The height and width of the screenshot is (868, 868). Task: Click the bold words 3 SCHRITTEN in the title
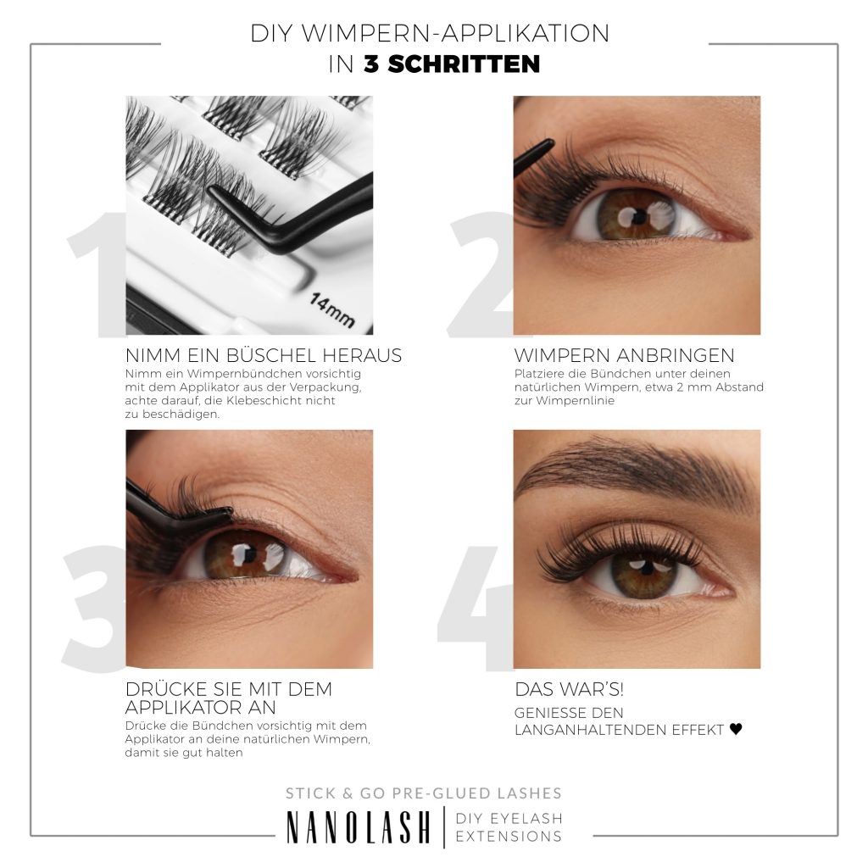[x=452, y=64]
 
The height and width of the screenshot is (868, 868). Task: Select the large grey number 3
[x=93, y=606]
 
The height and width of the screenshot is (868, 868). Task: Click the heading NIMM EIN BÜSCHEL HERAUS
[x=263, y=355]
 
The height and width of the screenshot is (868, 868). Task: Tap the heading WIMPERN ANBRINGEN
[x=624, y=355]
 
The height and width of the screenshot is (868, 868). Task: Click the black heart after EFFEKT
[x=736, y=729]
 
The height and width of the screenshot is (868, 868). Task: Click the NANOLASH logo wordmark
[x=358, y=826]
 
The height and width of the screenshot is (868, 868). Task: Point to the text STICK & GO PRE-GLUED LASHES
[x=423, y=793]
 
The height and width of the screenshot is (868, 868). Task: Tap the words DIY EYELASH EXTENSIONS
[x=509, y=826]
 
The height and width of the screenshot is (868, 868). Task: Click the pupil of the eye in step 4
[x=643, y=566]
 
